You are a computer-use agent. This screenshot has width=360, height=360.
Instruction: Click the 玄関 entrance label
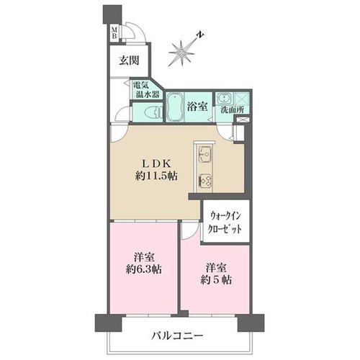(x=129, y=60)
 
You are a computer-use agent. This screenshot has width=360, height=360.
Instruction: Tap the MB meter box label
(x=114, y=33)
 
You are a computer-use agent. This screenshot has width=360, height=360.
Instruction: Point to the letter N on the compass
(x=200, y=35)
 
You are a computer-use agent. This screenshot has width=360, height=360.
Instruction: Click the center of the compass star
(x=181, y=52)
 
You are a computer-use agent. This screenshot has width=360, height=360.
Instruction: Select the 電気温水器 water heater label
(x=146, y=89)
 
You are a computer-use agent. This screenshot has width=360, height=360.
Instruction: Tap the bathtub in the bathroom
(x=175, y=107)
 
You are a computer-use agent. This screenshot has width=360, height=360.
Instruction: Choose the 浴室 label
(x=197, y=107)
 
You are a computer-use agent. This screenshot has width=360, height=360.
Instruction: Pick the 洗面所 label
(x=232, y=110)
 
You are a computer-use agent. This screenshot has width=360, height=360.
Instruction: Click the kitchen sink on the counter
(x=204, y=153)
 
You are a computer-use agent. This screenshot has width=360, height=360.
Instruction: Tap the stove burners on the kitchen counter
(x=204, y=180)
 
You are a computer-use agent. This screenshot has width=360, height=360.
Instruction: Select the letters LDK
(x=156, y=164)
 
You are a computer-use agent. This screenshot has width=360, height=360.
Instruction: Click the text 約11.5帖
(x=156, y=176)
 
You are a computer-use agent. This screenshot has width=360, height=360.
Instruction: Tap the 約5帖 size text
(x=216, y=280)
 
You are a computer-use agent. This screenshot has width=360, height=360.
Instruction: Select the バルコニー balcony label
(x=177, y=336)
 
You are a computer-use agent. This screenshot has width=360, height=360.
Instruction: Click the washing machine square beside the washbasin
(x=242, y=99)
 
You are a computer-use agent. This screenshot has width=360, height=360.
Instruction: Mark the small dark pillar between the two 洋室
(x=183, y=314)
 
